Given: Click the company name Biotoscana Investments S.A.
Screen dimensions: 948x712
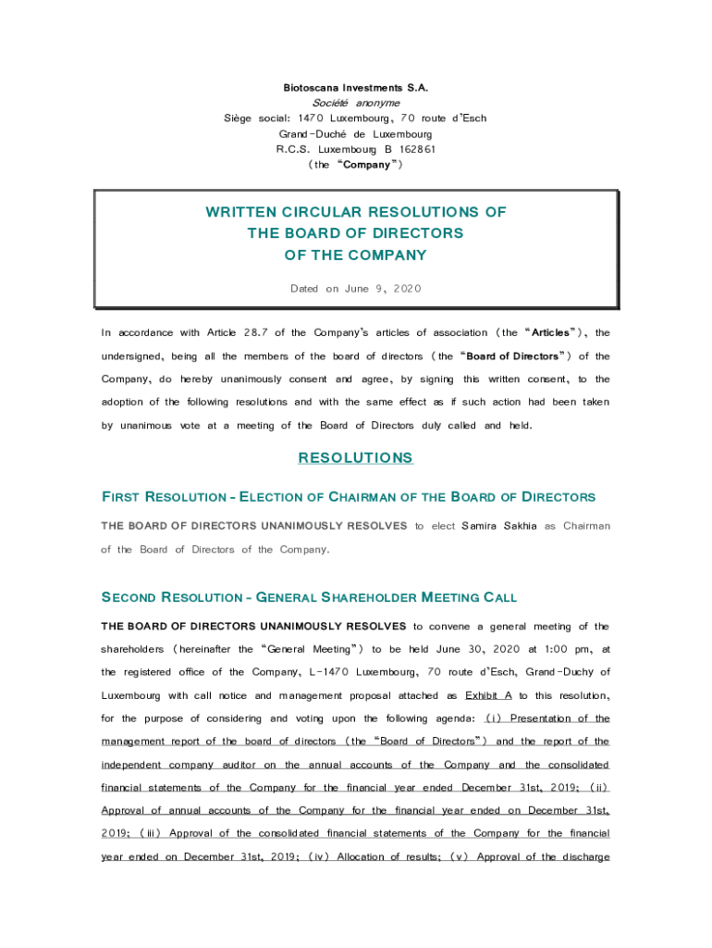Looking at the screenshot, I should coord(355,88).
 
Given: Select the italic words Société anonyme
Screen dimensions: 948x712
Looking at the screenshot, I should coord(355,103).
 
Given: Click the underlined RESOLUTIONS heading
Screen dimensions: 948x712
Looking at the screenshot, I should coord(355,458).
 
